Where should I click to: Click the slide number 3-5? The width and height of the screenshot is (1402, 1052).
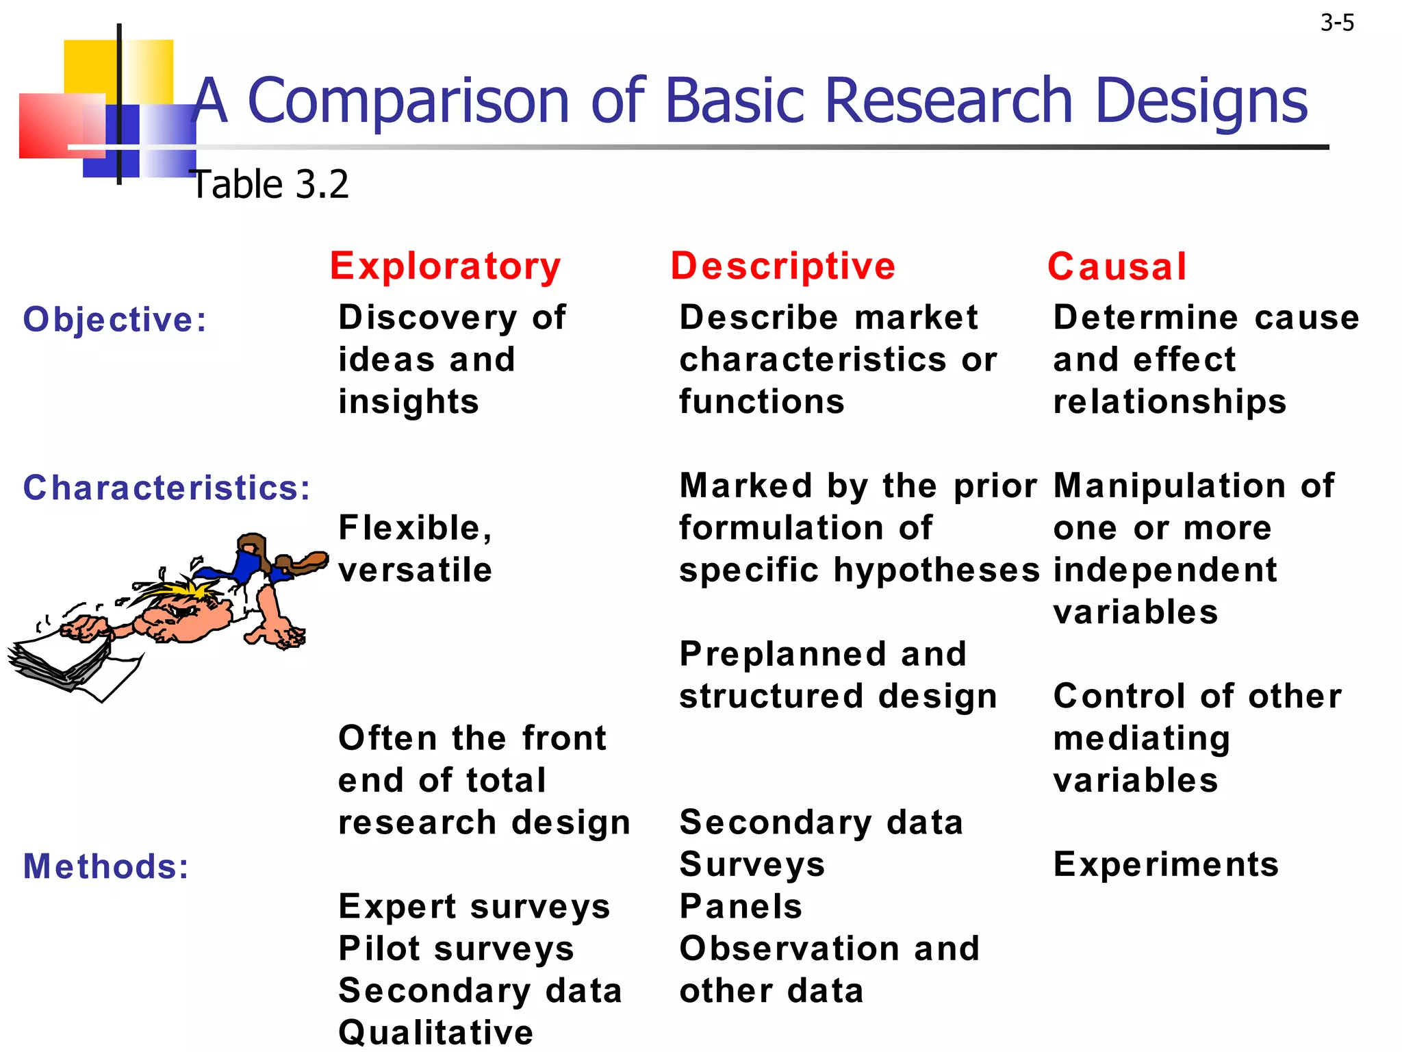(1336, 23)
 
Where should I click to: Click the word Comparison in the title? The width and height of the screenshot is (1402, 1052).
(408, 101)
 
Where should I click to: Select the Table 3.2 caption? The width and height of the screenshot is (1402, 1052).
(270, 184)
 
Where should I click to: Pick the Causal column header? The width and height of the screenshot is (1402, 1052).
(1117, 266)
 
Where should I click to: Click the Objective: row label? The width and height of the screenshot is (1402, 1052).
(115, 320)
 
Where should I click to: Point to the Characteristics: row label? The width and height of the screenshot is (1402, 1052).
(167, 488)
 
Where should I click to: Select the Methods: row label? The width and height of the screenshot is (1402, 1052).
(106, 866)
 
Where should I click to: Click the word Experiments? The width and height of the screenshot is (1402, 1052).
(1166, 864)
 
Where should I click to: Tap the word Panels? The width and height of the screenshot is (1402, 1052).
(741, 906)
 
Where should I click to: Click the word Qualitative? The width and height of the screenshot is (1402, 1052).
(435, 1032)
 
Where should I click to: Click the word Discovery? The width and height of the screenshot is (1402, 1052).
(427, 318)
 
